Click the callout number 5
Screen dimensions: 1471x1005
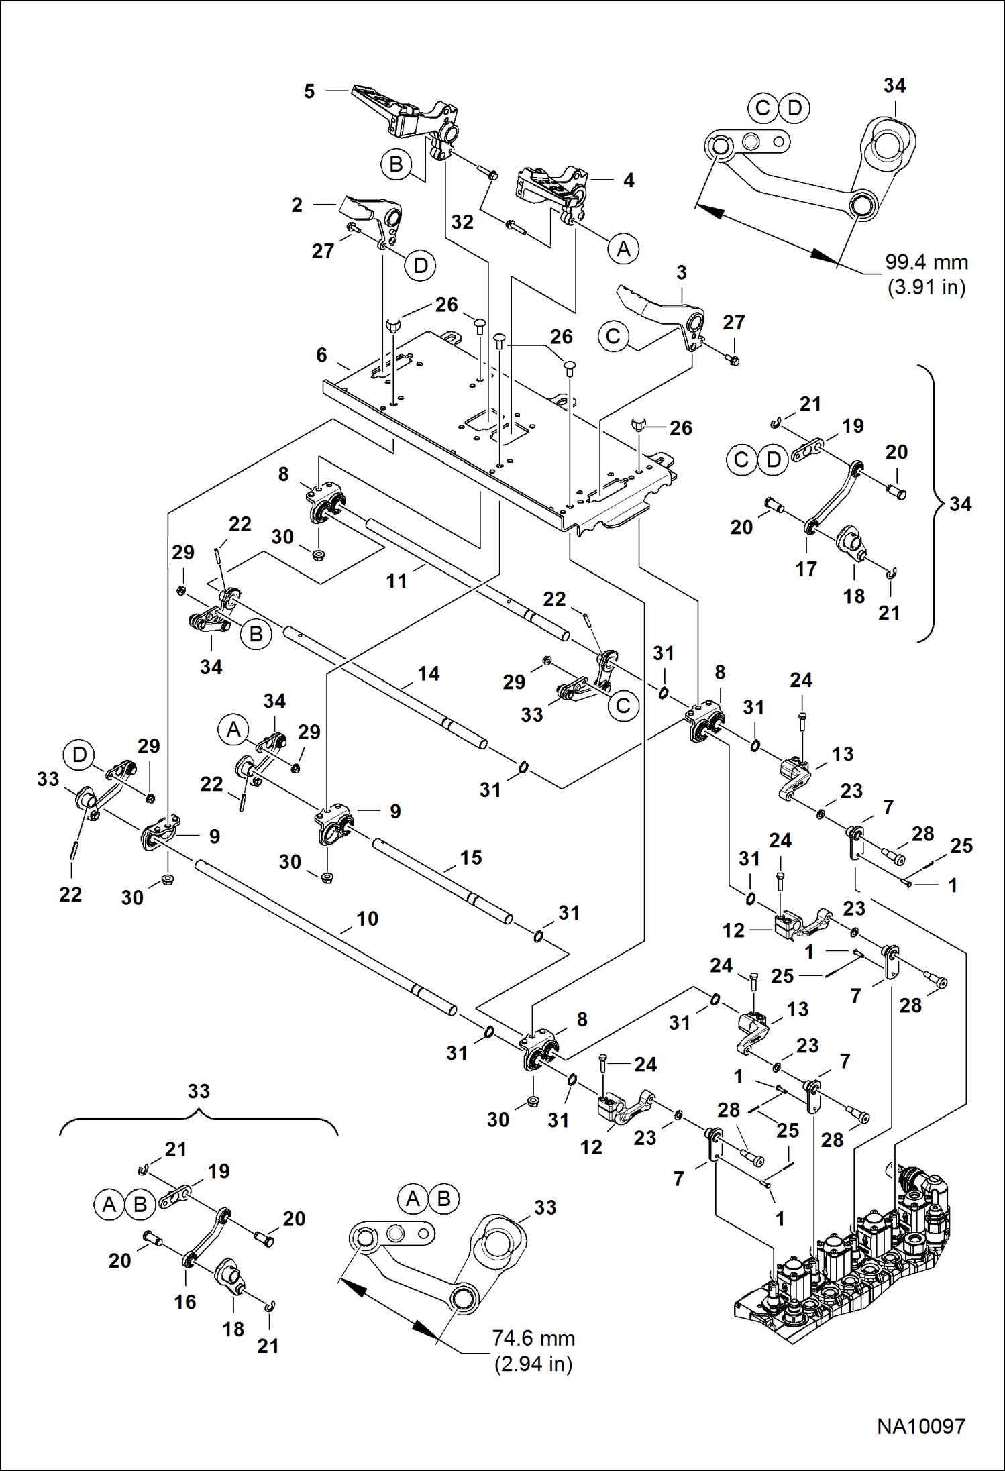309,91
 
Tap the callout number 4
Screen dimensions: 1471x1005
629,180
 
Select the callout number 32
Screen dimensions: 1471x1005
462,222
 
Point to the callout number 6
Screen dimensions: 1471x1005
322,355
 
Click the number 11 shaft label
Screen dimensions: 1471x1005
396,581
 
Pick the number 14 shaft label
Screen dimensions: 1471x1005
429,673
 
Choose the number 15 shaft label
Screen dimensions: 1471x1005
471,857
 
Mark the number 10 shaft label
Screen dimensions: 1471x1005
367,918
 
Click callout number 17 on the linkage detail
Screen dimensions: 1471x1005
806,569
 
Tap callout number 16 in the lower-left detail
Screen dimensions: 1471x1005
185,1302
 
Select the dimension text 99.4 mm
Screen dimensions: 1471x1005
926,262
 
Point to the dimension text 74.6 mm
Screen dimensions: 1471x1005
533,1338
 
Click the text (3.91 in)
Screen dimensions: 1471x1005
927,288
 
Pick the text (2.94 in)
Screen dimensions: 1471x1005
533,1364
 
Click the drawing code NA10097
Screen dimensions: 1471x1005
920,1426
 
